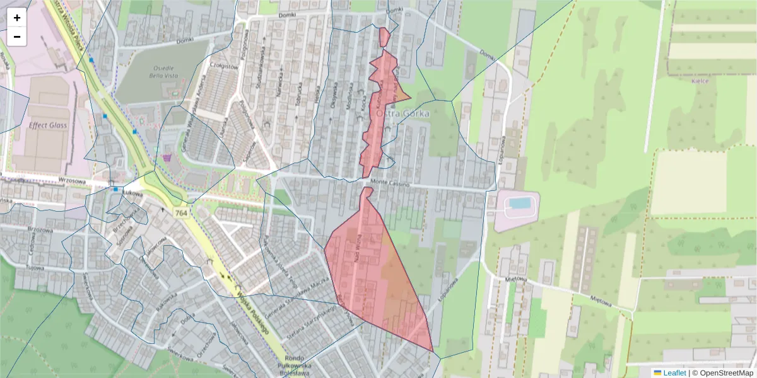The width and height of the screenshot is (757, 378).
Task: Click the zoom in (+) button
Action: [x=17, y=18]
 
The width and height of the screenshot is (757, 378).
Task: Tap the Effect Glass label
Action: [x=48, y=125]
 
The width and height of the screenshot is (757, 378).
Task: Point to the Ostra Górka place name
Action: [x=402, y=114]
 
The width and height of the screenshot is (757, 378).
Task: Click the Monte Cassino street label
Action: [x=390, y=184]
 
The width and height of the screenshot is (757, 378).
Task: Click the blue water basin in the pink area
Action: [x=519, y=203]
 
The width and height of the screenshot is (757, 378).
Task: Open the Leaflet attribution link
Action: [x=674, y=373]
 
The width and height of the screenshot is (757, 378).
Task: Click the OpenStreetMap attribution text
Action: [x=726, y=373]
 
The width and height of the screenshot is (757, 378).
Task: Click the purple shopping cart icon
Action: [x=167, y=157]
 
